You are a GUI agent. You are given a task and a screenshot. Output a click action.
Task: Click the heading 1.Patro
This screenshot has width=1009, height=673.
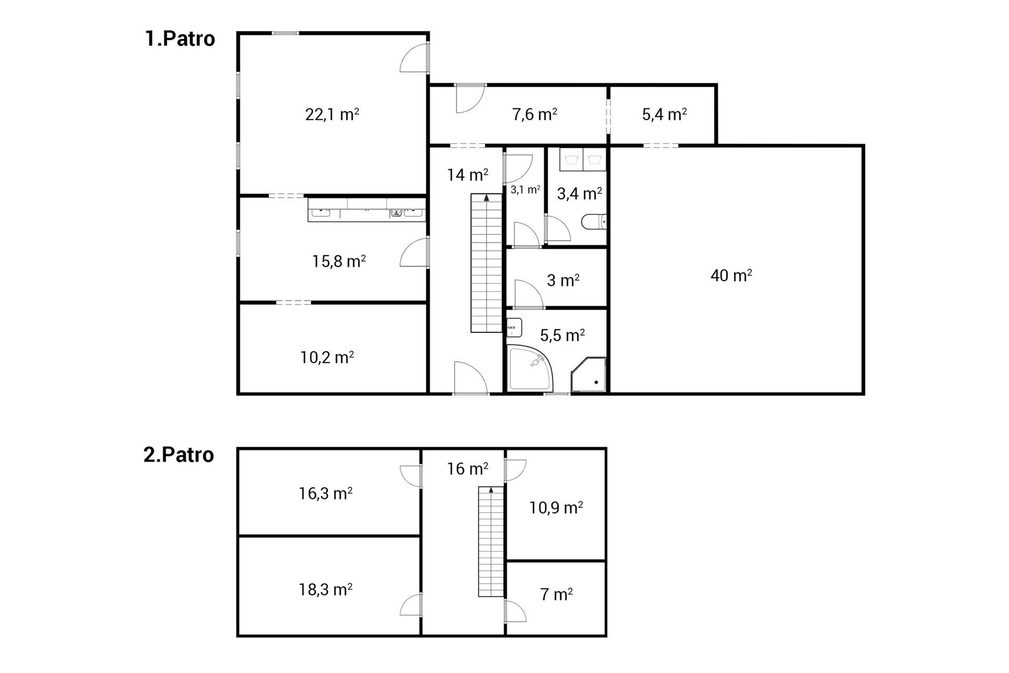180,39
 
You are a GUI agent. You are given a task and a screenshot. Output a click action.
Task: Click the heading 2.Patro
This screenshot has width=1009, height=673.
179,455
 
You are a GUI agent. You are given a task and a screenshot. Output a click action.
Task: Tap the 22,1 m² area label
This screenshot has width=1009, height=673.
332,114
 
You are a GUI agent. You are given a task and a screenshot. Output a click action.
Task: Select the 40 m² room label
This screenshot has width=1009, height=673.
731,275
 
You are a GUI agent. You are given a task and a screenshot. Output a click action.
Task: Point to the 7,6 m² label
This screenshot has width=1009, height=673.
534,114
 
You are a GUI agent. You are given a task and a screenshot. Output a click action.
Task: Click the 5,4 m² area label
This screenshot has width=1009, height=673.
664,114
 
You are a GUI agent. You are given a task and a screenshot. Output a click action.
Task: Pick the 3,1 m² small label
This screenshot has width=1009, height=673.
526,190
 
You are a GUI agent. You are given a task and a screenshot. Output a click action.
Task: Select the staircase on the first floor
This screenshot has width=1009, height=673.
487,263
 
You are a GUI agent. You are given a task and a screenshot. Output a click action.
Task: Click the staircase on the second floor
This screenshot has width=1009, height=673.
491,542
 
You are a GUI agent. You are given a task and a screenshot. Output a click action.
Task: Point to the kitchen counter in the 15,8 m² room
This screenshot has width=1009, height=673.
367,210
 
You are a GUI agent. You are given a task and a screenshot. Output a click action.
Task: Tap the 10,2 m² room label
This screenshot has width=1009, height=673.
327,358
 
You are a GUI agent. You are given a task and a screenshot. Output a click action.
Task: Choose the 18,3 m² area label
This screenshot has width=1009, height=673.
326,589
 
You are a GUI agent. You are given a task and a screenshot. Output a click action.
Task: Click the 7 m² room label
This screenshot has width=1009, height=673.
557,594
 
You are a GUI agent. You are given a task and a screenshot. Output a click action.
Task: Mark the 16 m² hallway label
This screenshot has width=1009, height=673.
468,468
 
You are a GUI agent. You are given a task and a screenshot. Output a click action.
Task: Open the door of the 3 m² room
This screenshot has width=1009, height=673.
528,294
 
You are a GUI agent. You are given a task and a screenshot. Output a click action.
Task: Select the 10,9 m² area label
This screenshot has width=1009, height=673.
556,507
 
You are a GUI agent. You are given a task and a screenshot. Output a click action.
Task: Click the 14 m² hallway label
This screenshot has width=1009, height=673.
468,175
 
